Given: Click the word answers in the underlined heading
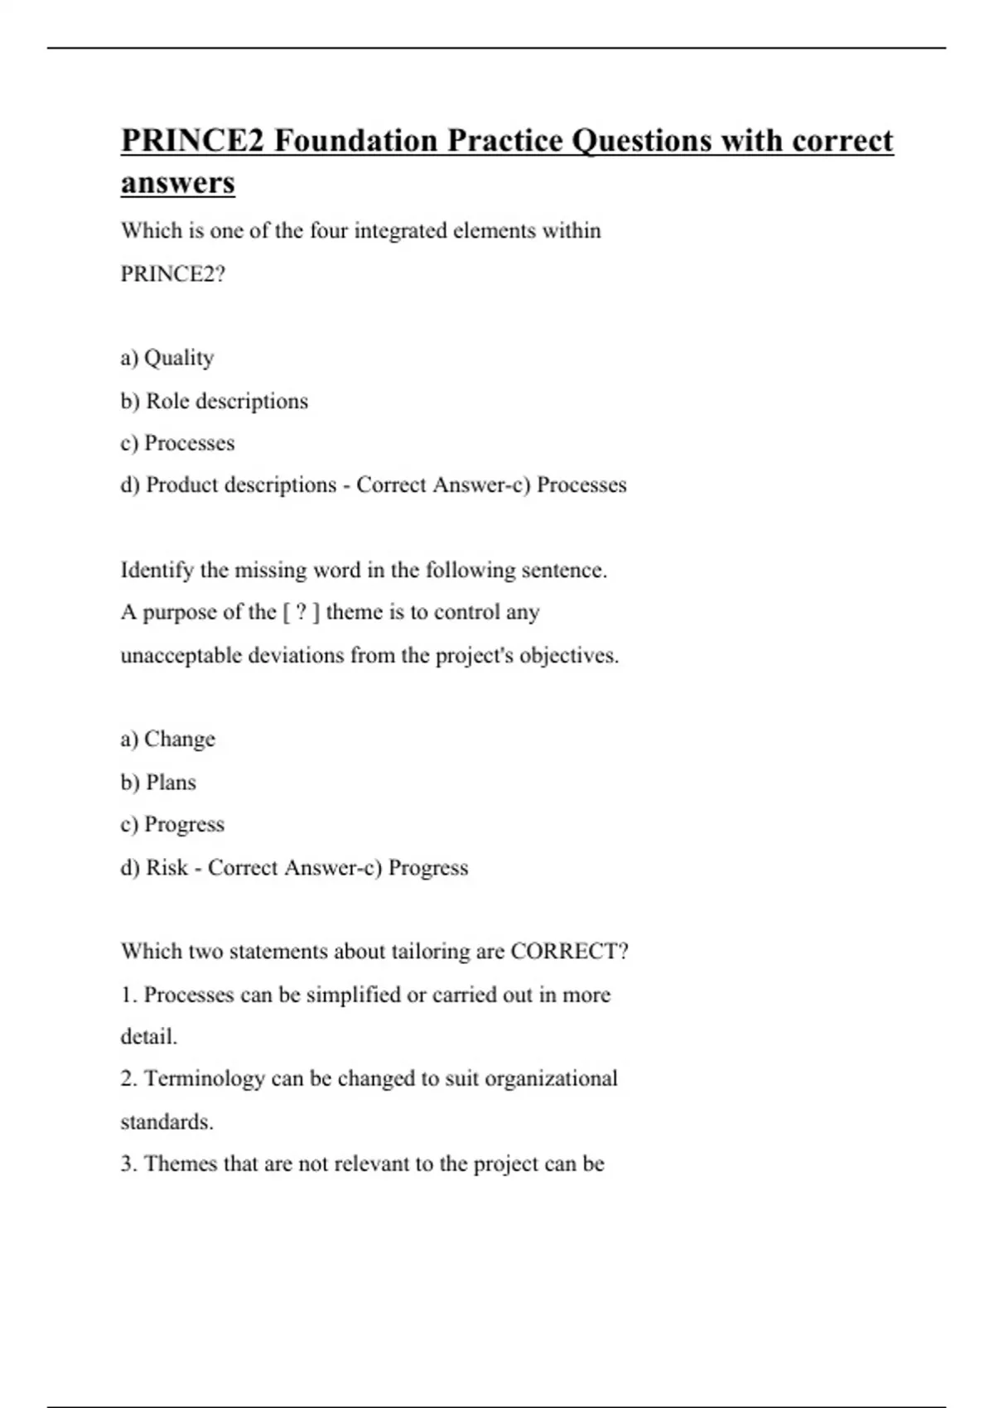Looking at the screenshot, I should [178, 183].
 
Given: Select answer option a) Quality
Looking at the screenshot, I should [167, 358].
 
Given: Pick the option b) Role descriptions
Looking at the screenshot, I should [214, 401].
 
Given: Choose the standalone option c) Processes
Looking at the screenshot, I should [177, 443].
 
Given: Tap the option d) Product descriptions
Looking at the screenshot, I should [229, 485].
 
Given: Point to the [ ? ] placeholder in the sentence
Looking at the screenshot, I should [301, 612].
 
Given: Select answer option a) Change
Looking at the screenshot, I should [167, 739].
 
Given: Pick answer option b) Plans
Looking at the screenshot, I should [158, 783].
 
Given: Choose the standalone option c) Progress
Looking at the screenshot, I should [172, 825].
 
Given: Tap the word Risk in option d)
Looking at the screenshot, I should [166, 867].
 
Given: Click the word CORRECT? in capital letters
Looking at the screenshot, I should [569, 951].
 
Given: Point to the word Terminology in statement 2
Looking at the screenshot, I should [204, 1078].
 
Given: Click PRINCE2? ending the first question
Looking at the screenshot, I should [173, 273].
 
